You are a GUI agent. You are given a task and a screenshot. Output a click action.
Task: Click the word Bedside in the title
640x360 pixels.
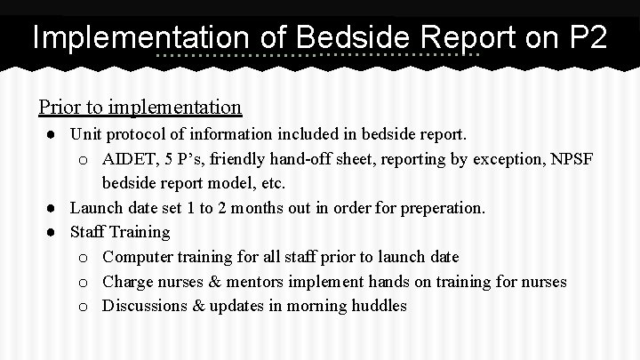pos(353,39)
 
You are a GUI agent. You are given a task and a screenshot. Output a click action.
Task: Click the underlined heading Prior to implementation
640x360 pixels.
pos(140,108)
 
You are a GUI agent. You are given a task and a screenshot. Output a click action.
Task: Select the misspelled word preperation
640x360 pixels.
pos(440,208)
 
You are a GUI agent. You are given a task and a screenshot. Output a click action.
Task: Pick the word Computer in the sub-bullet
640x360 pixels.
pos(136,257)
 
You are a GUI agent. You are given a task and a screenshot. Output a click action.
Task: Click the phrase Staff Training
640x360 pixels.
pos(119,232)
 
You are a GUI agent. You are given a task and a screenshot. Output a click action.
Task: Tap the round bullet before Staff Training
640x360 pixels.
pos(54,232)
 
